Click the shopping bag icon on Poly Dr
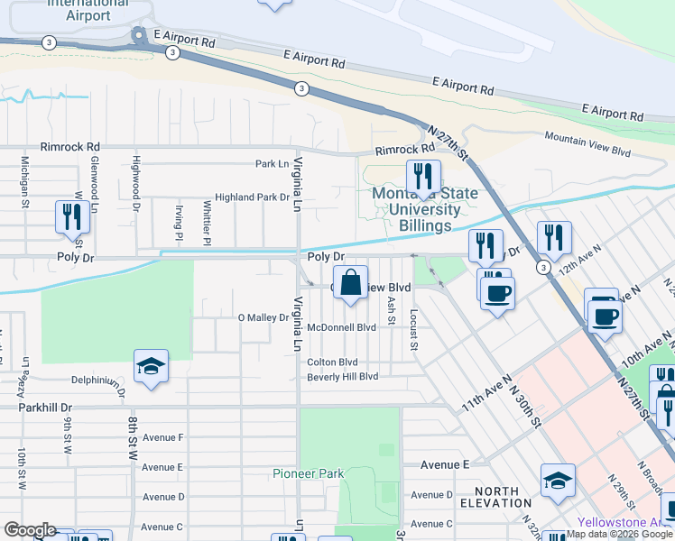351,283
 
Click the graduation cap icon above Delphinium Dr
151,366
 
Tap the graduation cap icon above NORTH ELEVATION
558,481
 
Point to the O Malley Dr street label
263,317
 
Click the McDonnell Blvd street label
341,328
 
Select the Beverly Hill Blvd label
342,376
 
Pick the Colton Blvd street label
332,362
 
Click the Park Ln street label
272,164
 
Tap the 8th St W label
132,436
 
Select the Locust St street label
413,330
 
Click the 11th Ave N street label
487,394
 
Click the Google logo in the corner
30,530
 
